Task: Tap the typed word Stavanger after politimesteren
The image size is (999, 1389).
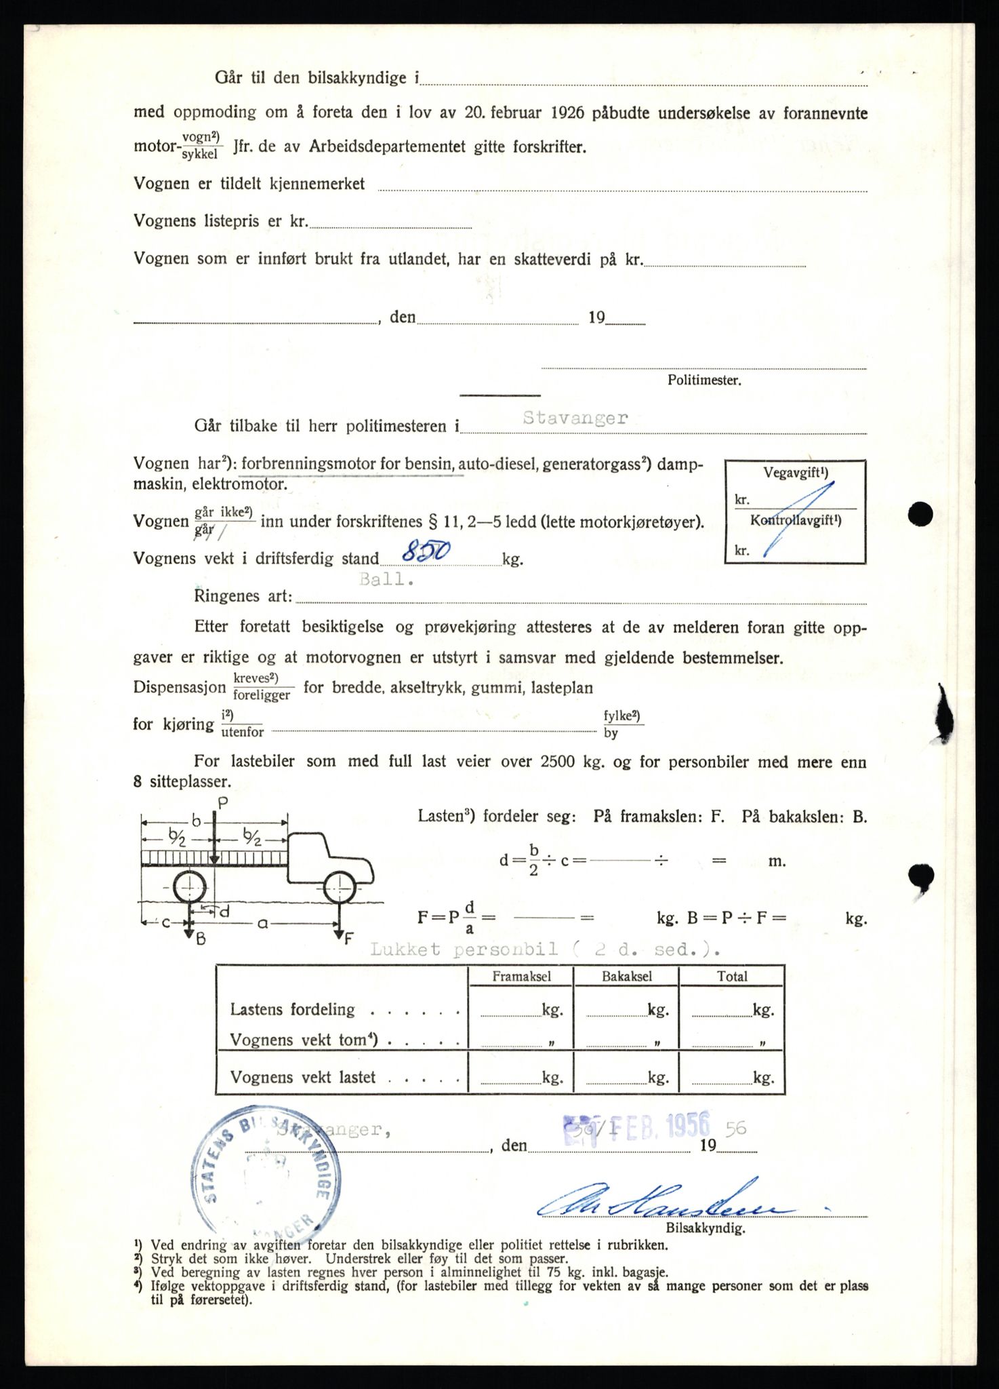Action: click(575, 418)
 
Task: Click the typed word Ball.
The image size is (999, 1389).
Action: click(386, 579)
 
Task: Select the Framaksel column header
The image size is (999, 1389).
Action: click(521, 976)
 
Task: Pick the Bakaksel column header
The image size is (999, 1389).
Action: click(627, 976)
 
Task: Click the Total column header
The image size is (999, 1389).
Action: click(732, 976)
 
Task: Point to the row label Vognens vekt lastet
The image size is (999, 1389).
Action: click(302, 1077)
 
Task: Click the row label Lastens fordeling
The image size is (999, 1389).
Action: click(292, 1009)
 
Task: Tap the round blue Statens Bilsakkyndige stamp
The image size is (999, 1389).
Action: click(266, 1177)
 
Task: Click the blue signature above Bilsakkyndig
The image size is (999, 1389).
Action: click(664, 1204)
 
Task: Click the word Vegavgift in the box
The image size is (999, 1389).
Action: click(795, 473)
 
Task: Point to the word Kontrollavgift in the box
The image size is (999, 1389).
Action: click(795, 521)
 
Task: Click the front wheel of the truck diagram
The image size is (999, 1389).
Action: click(339, 888)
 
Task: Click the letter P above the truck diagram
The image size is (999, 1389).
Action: click(222, 803)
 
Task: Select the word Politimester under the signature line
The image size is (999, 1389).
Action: click(704, 380)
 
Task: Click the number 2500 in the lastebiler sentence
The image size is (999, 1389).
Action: click(558, 762)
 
